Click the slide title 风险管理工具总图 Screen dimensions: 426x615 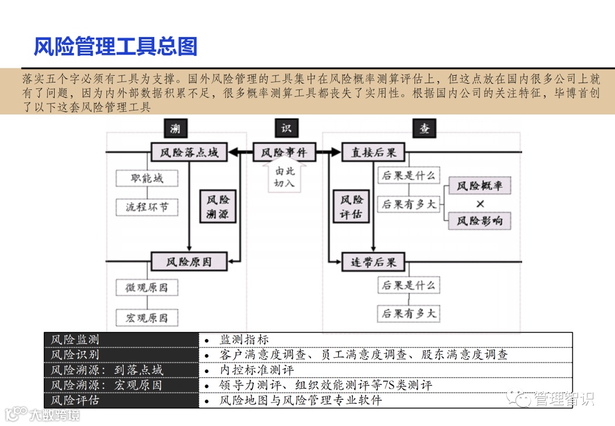[116, 47]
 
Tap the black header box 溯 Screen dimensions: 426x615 [175, 129]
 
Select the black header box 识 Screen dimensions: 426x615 [286, 128]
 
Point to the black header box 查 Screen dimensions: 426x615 [425, 129]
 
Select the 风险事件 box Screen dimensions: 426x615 [284, 153]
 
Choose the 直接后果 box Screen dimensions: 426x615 [373, 153]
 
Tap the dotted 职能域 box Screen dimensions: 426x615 [147, 178]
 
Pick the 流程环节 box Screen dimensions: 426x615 [147, 207]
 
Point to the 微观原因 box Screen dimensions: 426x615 [147, 288]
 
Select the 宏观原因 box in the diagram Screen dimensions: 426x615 [147, 317]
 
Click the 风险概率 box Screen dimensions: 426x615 [479, 186]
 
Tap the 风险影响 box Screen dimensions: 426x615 [479, 221]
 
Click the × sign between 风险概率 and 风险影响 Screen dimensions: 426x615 [480, 203]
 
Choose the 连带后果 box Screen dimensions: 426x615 [373, 263]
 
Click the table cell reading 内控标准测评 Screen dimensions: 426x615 [256, 370]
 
